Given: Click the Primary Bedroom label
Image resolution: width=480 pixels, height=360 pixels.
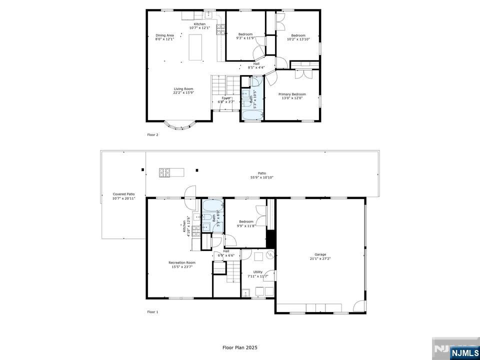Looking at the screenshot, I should (292, 94).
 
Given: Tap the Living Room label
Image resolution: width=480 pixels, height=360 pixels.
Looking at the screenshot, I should (183, 89).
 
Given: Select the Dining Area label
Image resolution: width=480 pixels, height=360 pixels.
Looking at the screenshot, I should (164, 35).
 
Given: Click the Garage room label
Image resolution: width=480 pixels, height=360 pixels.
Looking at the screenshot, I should (320, 254).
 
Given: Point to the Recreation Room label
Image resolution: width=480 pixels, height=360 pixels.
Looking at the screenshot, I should (181, 262).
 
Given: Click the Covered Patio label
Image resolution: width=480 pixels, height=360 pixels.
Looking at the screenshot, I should (123, 194).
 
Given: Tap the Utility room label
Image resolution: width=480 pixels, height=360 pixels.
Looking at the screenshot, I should (257, 272).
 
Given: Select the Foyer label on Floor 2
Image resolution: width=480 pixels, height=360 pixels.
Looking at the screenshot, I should (226, 98).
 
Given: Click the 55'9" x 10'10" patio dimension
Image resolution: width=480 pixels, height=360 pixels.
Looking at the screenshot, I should (261, 177).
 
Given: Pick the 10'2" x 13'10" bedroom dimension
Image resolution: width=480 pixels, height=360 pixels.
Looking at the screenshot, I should (298, 39).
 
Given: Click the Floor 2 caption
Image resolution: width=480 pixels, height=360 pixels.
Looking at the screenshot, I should (152, 134).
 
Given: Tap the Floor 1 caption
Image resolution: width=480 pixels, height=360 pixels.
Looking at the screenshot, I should (152, 312).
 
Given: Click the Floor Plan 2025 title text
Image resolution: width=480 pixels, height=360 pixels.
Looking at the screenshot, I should (240, 347).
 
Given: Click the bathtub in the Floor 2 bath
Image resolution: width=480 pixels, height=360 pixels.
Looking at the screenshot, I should (252, 115).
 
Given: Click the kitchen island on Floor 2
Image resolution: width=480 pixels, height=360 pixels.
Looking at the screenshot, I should (196, 47).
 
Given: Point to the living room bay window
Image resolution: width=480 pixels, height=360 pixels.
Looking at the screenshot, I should (179, 125).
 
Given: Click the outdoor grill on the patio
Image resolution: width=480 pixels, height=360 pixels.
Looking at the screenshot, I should (165, 172).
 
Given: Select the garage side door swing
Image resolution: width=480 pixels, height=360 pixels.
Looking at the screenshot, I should (359, 306).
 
